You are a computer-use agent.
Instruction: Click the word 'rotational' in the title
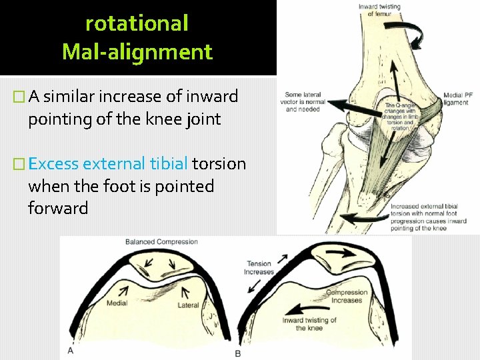[137, 23]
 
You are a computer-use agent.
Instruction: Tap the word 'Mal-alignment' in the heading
[137, 51]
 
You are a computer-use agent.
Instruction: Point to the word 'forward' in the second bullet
[58, 208]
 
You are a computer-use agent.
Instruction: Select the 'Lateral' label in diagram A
[188, 305]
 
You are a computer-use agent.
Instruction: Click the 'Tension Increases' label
[259, 268]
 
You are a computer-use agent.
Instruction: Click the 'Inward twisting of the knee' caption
[309, 324]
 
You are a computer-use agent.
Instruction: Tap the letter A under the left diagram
[71, 351]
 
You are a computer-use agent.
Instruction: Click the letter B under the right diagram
[238, 353]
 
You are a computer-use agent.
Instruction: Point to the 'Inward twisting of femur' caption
[379, 10]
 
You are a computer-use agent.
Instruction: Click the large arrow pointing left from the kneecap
[343, 105]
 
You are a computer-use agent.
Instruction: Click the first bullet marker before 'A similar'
[17, 97]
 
